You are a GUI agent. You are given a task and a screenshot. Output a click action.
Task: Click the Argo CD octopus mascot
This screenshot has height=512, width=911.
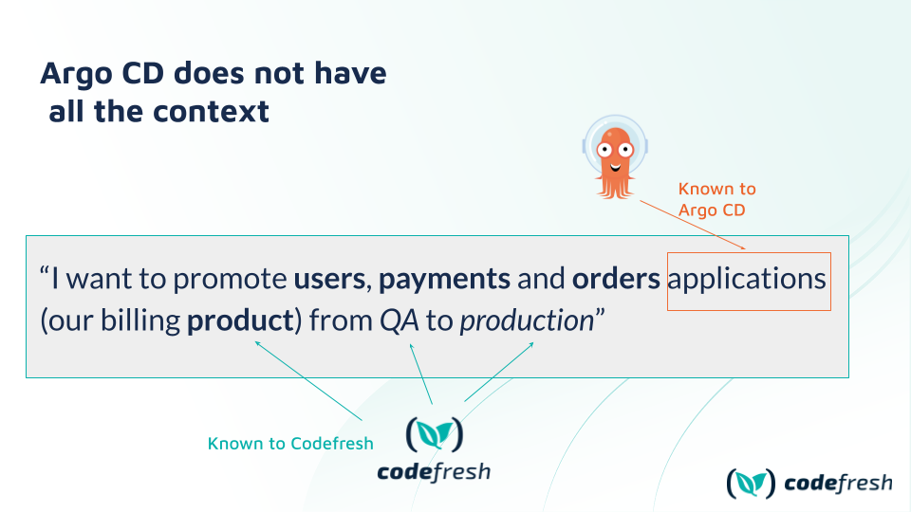tap(615, 156)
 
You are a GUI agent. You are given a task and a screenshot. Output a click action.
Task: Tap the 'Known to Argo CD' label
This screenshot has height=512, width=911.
tap(717, 199)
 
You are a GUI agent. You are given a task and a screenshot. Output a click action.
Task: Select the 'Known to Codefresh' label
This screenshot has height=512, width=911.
tap(290, 444)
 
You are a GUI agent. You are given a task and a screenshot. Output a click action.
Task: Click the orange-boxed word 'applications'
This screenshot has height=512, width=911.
tap(747, 279)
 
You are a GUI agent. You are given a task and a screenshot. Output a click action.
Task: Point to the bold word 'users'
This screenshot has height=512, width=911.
tap(329, 279)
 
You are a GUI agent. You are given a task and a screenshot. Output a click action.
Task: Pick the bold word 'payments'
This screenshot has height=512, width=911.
tap(444, 280)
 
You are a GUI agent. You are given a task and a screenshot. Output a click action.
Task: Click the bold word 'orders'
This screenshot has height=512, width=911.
tap(616, 279)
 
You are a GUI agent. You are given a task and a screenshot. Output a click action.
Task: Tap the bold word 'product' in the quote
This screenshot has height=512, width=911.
tap(240, 321)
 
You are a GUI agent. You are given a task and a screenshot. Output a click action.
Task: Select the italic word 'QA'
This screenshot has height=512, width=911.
tap(400, 320)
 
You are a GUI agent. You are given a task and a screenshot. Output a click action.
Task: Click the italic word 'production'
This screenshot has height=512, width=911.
tap(527, 321)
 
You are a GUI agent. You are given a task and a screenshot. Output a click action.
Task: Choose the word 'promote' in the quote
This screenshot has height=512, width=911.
tap(230, 280)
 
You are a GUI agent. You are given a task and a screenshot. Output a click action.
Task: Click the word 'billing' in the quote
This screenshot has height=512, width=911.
tap(140, 321)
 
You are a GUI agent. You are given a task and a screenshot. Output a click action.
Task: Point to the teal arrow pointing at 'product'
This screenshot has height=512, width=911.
tap(308, 381)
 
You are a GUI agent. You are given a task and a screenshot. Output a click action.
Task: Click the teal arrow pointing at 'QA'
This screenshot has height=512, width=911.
tap(421, 374)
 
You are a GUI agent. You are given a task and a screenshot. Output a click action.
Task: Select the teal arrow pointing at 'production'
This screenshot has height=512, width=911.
tap(499, 372)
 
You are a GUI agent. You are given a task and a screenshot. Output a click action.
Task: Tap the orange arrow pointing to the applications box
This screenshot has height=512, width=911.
tap(693, 225)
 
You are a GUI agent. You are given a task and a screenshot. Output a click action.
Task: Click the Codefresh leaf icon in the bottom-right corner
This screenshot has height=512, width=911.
tap(751, 483)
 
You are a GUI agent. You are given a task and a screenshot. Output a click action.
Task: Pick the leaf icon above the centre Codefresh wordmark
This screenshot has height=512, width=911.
tap(435, 434)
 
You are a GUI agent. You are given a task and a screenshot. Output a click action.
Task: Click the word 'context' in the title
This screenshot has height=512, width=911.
tap(214, 112)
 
